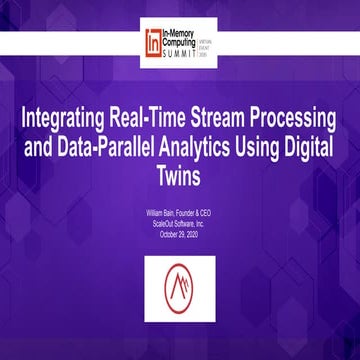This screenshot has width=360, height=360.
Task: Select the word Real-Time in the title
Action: tap(144, 113)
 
